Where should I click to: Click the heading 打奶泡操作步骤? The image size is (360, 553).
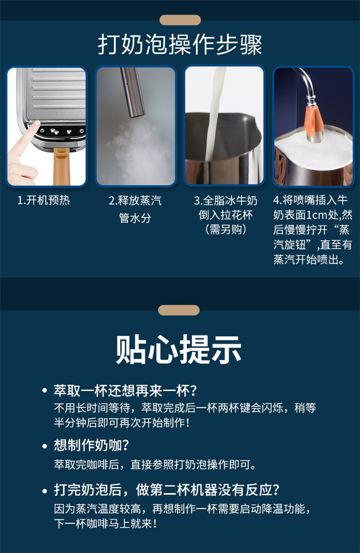[x=180, y=45]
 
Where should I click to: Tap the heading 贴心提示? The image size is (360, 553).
[x=179, y=349]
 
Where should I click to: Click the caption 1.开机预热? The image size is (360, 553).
[x=44, y=200]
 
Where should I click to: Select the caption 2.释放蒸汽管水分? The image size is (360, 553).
[x=135, y=209]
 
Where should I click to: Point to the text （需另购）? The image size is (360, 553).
[x=226, y=229]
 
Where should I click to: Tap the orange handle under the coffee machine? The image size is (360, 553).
[x=60, y=166]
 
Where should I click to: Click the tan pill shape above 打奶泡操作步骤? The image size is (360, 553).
[x=180, y=20]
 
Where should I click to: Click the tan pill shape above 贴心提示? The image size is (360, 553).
[x=179, y=310]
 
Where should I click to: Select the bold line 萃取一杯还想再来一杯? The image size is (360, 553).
[x=125, y=391]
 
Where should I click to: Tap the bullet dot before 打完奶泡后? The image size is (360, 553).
[x=45, y=491]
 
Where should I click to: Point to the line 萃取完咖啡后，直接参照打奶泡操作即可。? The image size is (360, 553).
[x=155, y=464]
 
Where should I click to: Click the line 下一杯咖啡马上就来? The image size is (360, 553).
[x=105, y=523]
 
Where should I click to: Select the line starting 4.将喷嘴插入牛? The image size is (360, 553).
[x=311, y=200]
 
